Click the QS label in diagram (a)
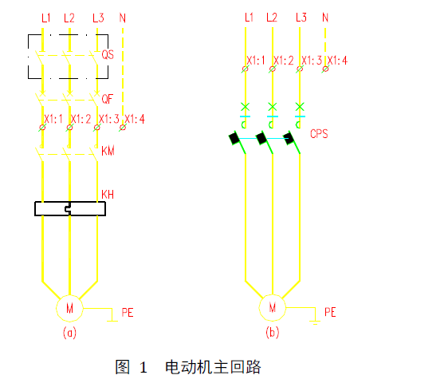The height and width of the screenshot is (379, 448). [x=108, y=54]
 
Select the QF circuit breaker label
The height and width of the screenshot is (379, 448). [x=108, y=99]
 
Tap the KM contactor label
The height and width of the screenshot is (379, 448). [x=108, y=151]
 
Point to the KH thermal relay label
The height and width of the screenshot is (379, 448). [x=108, y=195]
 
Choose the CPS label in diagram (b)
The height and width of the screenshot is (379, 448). [x=319, y=134]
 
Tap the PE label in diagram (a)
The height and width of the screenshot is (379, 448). [x=128, y=312]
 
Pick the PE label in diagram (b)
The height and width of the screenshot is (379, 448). [x=330, y=312]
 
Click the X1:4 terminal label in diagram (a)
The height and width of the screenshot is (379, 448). [x=135, y=119]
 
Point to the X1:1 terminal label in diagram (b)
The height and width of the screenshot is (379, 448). [x=256, y=61]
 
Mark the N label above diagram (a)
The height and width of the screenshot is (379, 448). [x=123, y=18]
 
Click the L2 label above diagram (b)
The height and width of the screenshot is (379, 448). [x=272, y=18]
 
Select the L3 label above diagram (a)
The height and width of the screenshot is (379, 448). [x=98, y=18]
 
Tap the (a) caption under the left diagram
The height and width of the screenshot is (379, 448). [x=69, y=333]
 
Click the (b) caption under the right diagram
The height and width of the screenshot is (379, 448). [x=273, y=333]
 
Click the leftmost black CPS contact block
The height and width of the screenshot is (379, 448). [x=234, y=139]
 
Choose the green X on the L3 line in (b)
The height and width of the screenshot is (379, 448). [x=300, y=107]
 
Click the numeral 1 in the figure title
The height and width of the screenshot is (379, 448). [x=143, y=368]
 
